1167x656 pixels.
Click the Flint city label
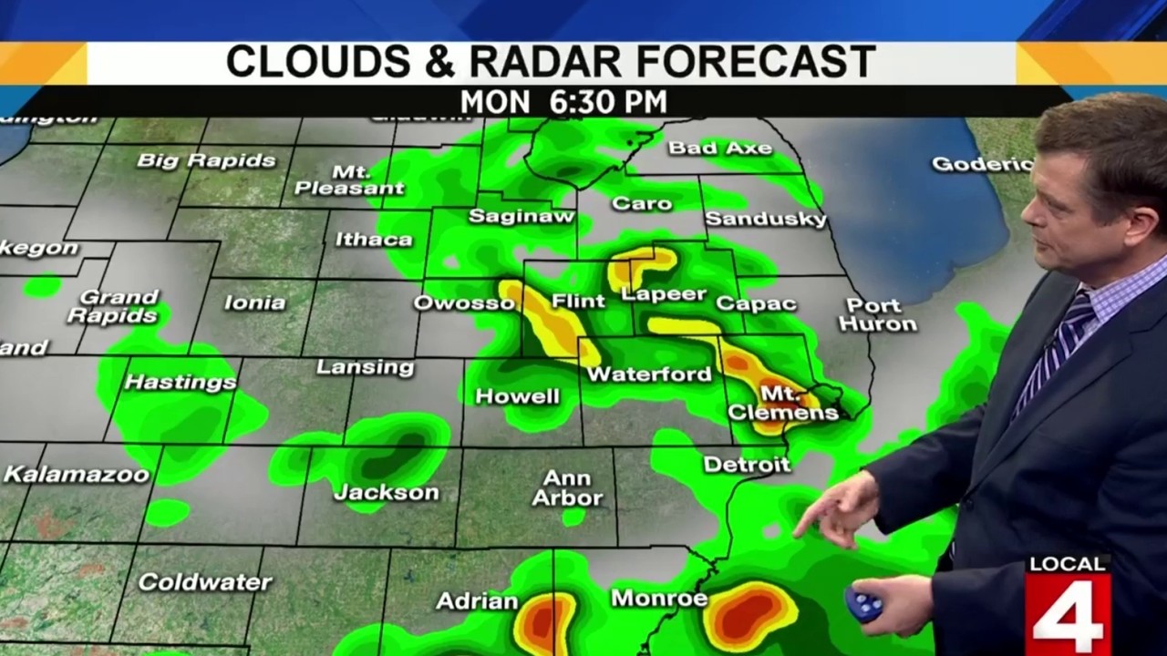click(578, 301)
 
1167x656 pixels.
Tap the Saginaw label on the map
click(522, 216)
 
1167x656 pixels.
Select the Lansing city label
click(365, 367)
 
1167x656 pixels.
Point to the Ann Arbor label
click(567, 488)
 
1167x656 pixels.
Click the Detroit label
click(747, 465)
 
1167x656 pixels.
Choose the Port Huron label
click(877, 314)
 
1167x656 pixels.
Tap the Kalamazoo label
click(77, 474)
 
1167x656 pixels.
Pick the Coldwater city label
click(205, 582)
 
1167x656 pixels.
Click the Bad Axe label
click(719, 148)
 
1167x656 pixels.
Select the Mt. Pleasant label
click(349, 179)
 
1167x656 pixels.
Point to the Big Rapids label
click(206, 161)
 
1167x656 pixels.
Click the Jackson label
click(387, 493)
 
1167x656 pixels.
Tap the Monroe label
click(659, 599)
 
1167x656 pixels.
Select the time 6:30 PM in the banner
click(608, 101)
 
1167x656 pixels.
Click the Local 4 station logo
click(1068, 604)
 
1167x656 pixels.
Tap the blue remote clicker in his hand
click(862, 604)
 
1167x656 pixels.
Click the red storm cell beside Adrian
click(544, 624)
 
